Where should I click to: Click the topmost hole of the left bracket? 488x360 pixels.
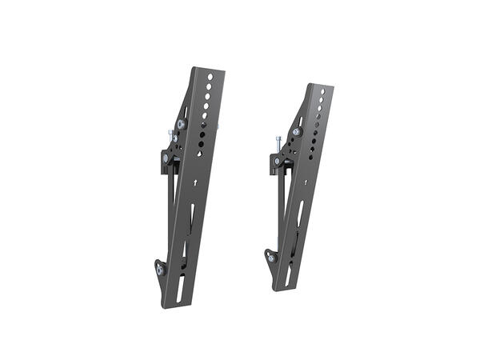210,78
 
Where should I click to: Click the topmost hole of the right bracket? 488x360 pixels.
322,92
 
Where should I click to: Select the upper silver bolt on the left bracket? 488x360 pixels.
181,125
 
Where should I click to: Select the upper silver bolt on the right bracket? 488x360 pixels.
297,132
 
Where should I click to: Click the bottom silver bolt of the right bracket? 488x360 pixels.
271,258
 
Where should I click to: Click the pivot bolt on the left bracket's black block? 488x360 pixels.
166,158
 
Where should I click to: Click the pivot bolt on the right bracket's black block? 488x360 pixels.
278,162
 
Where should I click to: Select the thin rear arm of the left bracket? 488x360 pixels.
170,216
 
